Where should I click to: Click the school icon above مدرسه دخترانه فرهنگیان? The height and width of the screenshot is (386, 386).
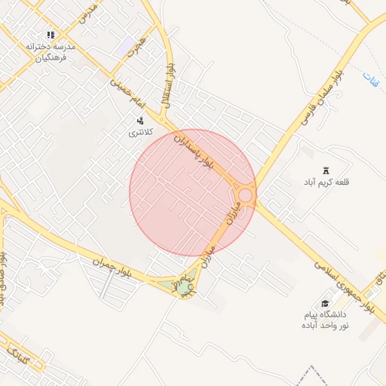click(x=51, y=35)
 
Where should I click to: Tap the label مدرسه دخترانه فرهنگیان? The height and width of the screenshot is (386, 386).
click(x=51, y=51)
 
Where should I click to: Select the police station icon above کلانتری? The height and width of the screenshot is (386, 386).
click(x=140, y=121)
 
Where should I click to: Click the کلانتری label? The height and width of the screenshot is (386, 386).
click(x=140, y=133)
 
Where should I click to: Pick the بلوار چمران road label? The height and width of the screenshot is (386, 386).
click(x=112, y=267)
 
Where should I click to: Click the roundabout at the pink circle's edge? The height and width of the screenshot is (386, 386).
click(x=245, y=197)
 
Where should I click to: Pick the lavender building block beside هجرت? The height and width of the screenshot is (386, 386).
click(x=125, y=47)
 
